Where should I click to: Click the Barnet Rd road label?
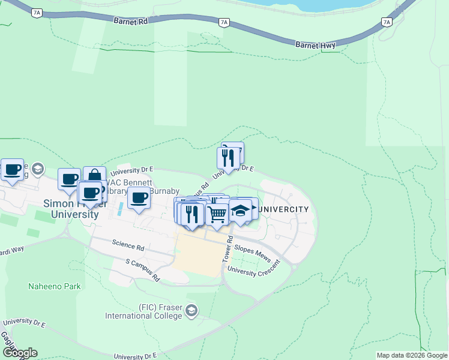tap(130, 20)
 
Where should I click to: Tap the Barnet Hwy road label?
tap(315, 44)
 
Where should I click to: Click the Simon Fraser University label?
tap(71, 209)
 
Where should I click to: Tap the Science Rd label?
tap(128, 246)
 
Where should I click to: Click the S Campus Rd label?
tap(142, 270)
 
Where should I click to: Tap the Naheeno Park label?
tap(55, 286)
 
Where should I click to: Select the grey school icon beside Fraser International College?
tap(191, 310)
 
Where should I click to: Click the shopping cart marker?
tap(217, 214)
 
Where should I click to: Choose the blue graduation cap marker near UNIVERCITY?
tap(240, 211)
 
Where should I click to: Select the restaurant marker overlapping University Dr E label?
tap(228, 158)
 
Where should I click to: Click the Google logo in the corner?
tap(19, 353)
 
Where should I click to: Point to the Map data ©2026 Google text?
tap(412, 355)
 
